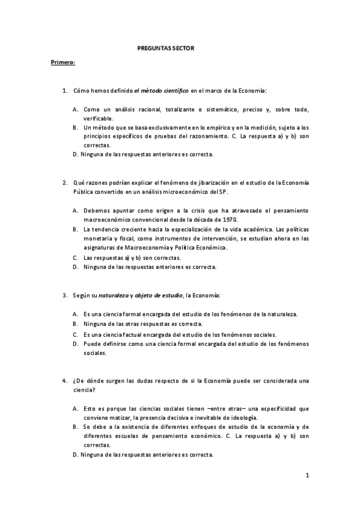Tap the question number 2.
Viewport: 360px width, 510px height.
(65, 182)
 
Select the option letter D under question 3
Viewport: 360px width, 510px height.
(75, 344)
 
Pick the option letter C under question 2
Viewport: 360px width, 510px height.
(75, 257)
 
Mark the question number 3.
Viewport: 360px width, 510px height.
(65, 295)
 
